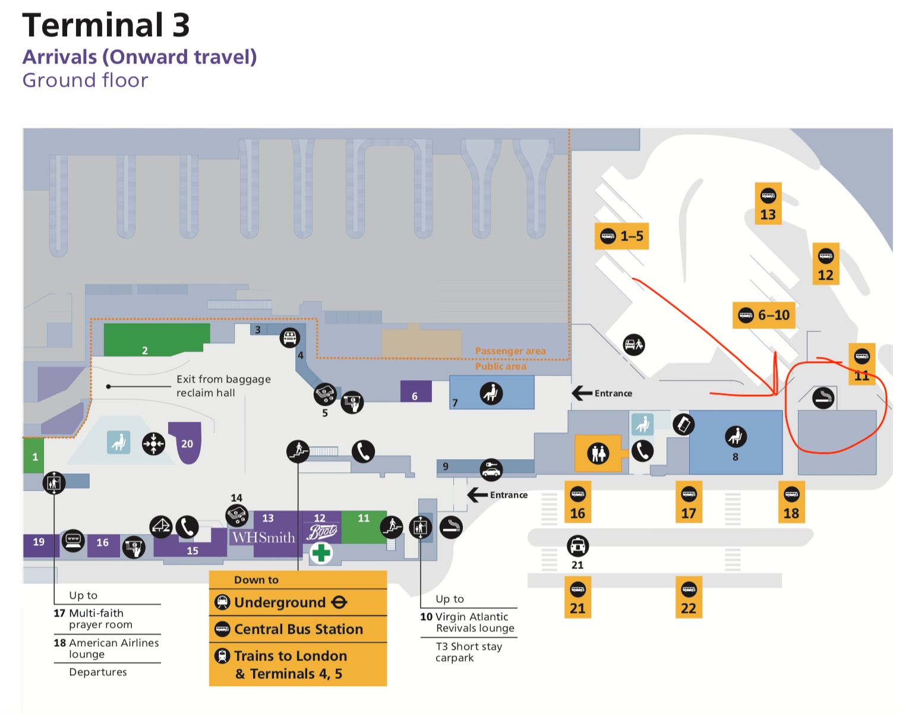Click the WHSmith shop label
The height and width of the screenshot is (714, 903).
(x=263, y=538)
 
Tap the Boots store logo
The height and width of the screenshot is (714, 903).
(x=322, y=532)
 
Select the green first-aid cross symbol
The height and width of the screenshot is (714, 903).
(x=321, y=554)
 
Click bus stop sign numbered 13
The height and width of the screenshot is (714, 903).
(x=768, y=203)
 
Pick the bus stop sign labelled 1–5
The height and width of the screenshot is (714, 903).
(x=621, y=236)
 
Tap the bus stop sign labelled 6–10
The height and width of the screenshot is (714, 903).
(x=763, y=315)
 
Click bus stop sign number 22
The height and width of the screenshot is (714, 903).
(x=688, y=597)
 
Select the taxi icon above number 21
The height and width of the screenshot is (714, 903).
(x=577, y=545)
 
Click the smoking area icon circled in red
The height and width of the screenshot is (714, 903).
(x=823, y=398)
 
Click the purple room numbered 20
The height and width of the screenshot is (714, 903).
(x=187, y=442)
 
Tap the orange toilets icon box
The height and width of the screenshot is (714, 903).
(x=598, y=453)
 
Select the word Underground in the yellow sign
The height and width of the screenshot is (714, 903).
(x=279, y=602)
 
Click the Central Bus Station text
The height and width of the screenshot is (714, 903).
(x=298, y=629)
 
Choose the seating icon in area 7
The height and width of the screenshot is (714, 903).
(x=491, y=393)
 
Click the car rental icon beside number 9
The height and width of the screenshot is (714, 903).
(x=491, y=470)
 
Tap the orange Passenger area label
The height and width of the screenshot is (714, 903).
(x=510, y=351)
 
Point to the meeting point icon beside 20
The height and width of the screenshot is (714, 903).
(x=153, y=444)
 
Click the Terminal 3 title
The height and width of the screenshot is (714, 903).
(x=106, y=26)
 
